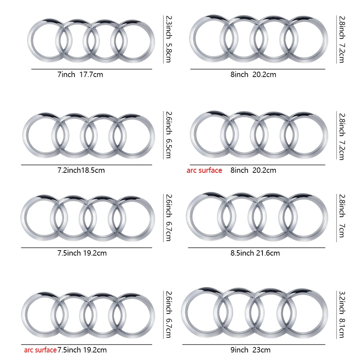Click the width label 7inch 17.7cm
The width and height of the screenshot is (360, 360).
pyautogui.click(x=80, y=75)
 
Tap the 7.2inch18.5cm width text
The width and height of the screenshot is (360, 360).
pyautogui.click(x=81, y=170)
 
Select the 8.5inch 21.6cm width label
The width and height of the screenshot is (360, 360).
pyautogui.click(x=255, y=253)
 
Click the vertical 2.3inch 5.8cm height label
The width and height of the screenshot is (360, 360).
pyautogui.click(x=168, y=39)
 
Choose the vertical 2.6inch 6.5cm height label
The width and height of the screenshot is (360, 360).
pyautogui.click(x=168, y=135)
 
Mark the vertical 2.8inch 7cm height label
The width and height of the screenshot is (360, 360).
pyautogui.click(x=341, y=215)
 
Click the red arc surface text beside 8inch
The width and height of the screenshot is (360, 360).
pyautogui.click(x=204, y=170)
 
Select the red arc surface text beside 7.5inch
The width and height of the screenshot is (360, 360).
pyautogui.click(x=40, y=350)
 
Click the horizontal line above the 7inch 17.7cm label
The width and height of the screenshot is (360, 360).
pyautogui.click(x=91, y=69)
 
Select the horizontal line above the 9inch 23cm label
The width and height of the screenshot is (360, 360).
pyautogui.click(x=254, y=344)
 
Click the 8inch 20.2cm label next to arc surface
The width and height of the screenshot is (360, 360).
pyautogui.click(x=253, y=170)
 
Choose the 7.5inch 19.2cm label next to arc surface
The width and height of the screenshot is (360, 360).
pyautogui.click(x=82, y=350)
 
